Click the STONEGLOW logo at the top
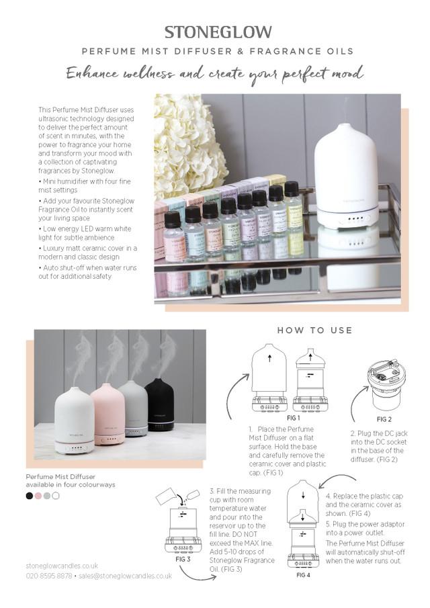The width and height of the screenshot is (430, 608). coord(218,32)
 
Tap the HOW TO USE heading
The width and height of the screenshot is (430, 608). coord(314,331)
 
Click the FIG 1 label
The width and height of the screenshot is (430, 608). coord(274,417)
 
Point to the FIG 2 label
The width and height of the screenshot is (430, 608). coord(384,419)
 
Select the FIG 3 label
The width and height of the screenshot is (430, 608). coord(183,559)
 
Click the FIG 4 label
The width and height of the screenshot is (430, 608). coord(303,575)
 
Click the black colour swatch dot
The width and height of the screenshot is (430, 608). coord(30,496)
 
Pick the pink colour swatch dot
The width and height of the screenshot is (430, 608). coord(38,496)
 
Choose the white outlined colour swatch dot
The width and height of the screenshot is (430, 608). coord(56,496)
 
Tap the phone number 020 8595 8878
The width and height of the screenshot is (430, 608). coord(49,576)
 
